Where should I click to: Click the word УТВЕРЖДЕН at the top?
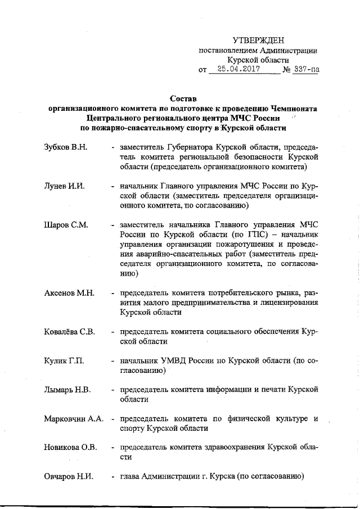tap(259, 40)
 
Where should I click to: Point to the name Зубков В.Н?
tap(65, 147)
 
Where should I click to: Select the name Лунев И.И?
tap(64, 186)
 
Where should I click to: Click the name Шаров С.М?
tap(66, 225)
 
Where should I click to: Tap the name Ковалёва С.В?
tap(69, 331)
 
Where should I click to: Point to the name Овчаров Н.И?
tap(69, 476)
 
